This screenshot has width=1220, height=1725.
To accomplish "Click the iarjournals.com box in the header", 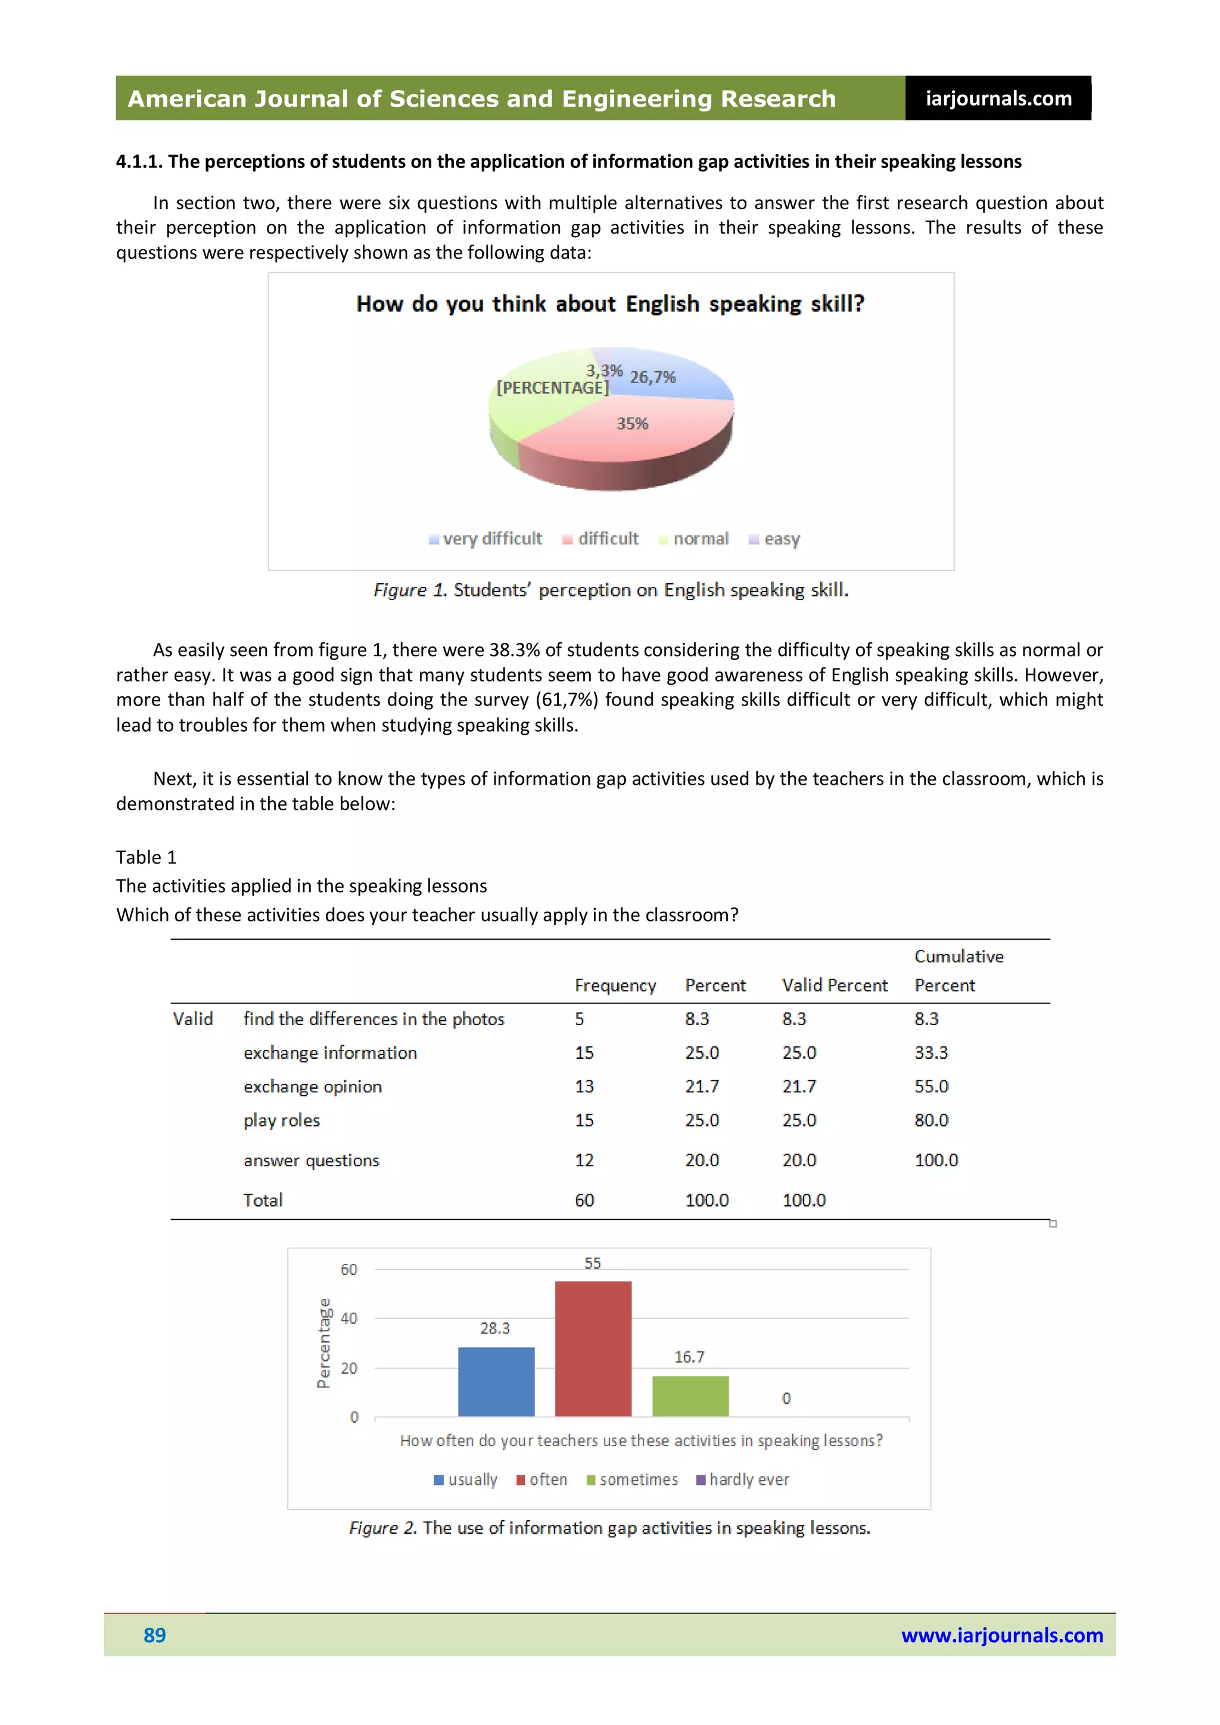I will pyautogui.click(x=998, y=98).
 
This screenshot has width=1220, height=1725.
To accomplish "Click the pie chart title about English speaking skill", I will pyautogui.click(x=610, y=304).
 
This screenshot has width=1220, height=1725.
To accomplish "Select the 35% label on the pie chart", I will pyautogui.click(x=632, y=424).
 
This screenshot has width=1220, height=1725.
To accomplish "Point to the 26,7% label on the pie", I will pyautogui.click(x=652, y=377).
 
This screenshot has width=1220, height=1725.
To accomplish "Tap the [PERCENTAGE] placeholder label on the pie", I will pyautogui.click(x=552, y=388).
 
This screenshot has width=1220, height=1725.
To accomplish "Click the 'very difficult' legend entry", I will pyautogui.click(x=485, y=539).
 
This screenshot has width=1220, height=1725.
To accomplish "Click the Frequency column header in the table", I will pyautogui.click(x=615, y=985).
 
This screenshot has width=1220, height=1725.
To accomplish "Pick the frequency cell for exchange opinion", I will pyautogui.click(x=584, y=1086).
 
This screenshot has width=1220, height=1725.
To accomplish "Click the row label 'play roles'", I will pyautogui.click(x=281, y=1120).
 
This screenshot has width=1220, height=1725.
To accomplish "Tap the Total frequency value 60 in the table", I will pyautogui.click(x=584, y=1200).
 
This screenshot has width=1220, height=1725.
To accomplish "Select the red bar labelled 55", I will pyautogui.click(x=593, y=1348).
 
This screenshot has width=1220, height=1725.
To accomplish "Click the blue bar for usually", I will pyautogui.click(x=496, y=1382).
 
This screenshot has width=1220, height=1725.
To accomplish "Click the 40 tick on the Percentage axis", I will pyautogui.click(x=348, y=1319).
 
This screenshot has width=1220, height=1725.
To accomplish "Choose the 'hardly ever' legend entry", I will pyautogui.click(x=743, y=1480).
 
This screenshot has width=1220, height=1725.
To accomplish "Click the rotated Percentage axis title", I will pyautogui.click(x=323, y=1342).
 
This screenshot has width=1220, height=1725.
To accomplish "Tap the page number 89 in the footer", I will pyautogui.click(x=155, y=1635).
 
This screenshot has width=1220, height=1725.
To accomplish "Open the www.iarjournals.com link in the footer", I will pyautogui.click(x=1001, y=1635).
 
